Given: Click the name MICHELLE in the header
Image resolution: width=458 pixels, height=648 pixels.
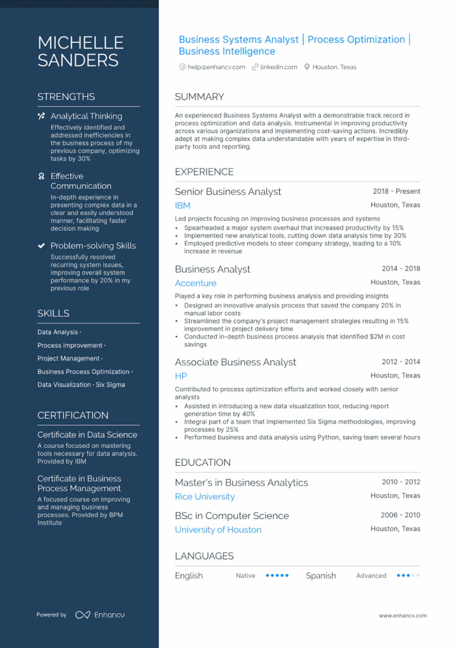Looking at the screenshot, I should coord(80,42).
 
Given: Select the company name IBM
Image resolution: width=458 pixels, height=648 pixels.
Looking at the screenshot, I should coord(182,206).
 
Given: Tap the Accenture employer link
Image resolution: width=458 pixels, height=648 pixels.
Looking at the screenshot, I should coord(195,283).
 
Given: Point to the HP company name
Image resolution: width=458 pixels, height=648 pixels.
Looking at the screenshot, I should coord(181,376).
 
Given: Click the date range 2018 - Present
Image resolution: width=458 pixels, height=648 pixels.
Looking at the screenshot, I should coord(396,191).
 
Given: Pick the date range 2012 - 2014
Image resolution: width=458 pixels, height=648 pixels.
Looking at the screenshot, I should coord(400,362).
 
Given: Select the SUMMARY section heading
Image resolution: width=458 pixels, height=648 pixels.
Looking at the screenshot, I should coord(199,97).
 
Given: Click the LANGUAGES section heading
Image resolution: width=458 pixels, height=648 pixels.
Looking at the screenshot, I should coord(204,556).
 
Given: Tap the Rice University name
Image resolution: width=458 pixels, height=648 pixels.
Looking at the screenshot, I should coord(204,497).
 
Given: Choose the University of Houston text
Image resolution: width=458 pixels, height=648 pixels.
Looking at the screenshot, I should coord(218,530).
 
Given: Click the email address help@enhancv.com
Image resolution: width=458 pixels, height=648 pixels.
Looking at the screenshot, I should coord(216,67).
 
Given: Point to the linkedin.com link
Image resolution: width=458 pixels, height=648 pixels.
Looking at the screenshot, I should coord(278,67).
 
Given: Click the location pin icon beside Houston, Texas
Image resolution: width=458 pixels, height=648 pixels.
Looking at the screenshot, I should coord(307,67).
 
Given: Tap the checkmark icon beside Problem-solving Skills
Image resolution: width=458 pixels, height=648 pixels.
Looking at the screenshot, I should coord(42,246).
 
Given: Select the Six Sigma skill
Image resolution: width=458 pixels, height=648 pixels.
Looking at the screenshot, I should coord(111,385).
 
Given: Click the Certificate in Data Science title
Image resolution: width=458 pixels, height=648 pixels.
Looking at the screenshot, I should coord(87,435).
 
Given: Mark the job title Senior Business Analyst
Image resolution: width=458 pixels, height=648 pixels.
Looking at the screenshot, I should coord(228,192).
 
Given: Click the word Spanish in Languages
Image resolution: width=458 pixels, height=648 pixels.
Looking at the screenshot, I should coord(321,576).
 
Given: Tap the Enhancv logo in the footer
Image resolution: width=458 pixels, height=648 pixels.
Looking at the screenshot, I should coord(92,614).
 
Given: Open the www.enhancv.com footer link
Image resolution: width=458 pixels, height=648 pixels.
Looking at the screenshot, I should coord(402,615).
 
